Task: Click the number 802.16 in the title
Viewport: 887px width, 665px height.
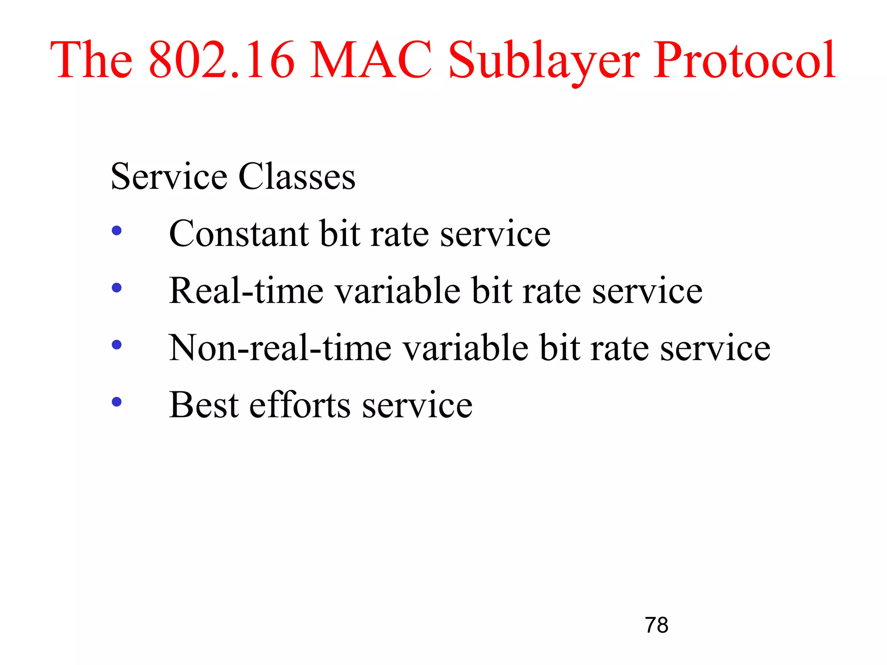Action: tap(221, 61)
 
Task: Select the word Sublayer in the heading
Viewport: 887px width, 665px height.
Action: tap(544, 61)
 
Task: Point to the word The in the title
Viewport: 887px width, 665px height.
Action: tap(91, 61)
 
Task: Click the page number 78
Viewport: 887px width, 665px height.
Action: tap(656, 625)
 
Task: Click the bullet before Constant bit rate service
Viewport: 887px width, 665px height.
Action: tap(117, 230)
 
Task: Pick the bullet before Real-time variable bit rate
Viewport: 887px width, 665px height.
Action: tap(117, 287)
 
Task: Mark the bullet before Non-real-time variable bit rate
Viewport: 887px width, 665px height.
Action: tap(117, 345)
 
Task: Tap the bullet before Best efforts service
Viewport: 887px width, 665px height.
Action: tap(117, 402)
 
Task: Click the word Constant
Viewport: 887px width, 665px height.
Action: tap(239, 234)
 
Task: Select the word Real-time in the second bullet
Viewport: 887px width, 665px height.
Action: tap(246, 291)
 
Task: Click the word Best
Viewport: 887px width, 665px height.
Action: tap(204, 405)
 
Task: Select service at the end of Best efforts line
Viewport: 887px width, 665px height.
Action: tap(417, 405)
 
